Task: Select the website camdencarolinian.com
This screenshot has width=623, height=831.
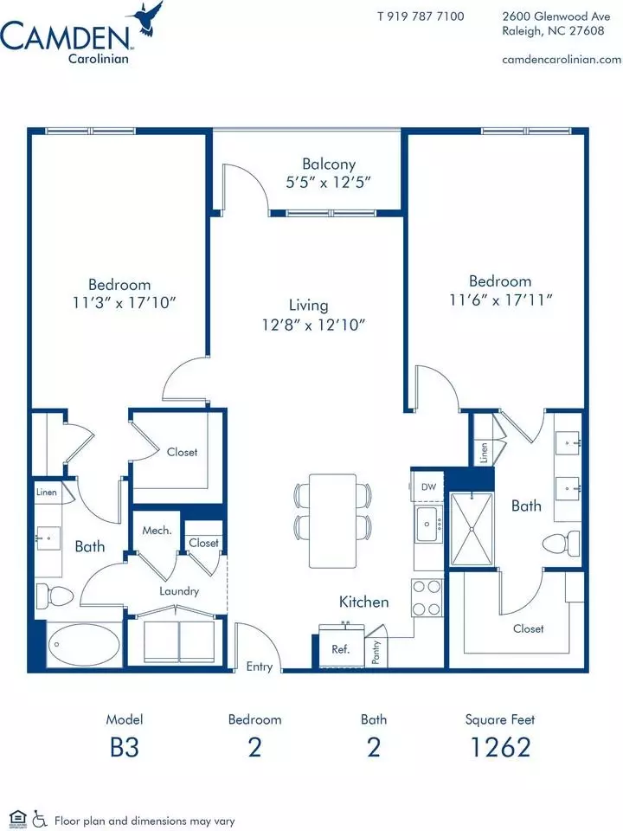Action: click(562, 60)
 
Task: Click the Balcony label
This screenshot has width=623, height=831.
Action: click(329, 164)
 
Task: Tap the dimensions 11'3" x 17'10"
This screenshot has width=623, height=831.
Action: click(124, 303)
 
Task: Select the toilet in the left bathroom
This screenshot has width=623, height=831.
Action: click(54, 596)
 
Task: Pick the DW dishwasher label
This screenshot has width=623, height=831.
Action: click(428, 486)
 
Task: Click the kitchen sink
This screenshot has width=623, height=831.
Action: click(428, 524)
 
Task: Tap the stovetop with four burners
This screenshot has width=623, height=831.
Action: click(427, 597)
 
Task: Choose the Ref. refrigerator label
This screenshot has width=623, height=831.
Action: click(340, 648)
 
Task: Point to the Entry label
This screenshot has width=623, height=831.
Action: click(259, 667)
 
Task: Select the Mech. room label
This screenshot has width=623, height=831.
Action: click(157, 530)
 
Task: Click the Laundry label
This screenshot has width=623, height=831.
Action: click(179, 591)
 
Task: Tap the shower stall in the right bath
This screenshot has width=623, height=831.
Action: click(472, 530)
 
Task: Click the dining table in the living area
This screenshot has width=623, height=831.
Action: click(332, 520)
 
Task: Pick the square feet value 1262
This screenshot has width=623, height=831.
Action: click(500, 747)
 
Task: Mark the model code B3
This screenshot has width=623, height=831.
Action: click(125, 747)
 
